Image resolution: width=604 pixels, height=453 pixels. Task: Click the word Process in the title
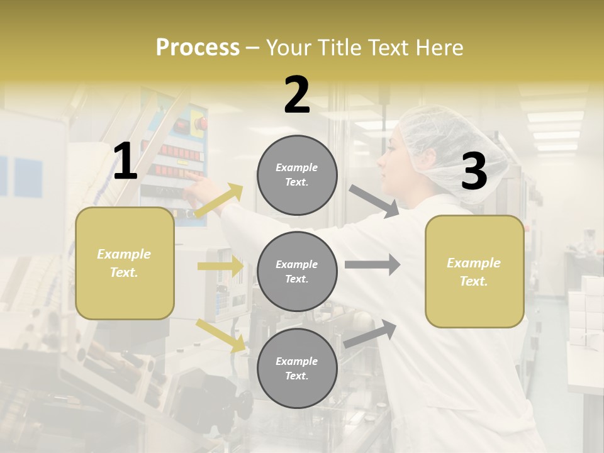(x=198, y=48)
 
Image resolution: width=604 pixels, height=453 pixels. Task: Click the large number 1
(x=125, y=162)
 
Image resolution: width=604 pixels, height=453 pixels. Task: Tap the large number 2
(x=297, y=95)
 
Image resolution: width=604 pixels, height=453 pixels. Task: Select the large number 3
(x=474, y=171)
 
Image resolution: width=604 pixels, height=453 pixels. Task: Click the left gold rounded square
(x=125, y=263)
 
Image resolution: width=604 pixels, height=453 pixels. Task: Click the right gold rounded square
(x=474, y=271)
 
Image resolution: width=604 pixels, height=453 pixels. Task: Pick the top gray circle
(x=297, y=175)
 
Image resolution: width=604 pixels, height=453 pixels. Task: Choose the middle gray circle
(x=297, y=271)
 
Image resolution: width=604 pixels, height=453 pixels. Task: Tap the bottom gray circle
(x=297, y=368)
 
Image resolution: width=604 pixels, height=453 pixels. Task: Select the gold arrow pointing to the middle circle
(x=220, y=266)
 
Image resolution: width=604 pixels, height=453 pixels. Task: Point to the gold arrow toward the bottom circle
(x=220, y=335)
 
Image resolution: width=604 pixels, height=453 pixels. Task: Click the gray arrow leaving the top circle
(x=374, y=201)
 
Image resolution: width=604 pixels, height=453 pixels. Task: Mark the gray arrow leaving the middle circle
(x=372, y=265)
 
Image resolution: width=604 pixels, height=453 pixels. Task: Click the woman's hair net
(x=453, y=148)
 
